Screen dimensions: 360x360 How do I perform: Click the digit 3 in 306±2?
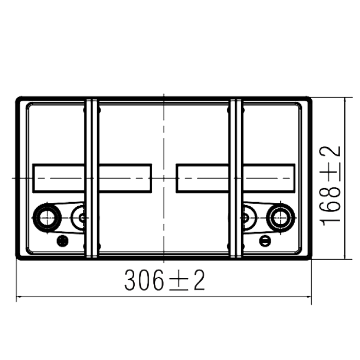131,280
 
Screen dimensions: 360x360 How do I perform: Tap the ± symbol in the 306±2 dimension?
179,280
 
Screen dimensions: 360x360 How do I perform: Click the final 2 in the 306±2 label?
199,280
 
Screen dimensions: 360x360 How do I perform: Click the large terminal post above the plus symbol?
47,217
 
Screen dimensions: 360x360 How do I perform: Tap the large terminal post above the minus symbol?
280,217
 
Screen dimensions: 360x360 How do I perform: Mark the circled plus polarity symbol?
62,241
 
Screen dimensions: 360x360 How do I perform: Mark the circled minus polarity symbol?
265,241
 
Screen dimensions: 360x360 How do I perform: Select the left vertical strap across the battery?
92,178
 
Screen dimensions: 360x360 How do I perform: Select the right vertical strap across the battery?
236,178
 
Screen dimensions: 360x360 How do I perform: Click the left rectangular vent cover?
92,178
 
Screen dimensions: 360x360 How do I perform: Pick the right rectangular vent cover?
236,178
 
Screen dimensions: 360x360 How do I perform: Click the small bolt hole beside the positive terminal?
82,218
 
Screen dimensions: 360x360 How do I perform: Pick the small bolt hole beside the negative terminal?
245,218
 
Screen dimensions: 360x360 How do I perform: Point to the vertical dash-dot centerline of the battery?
164,178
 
